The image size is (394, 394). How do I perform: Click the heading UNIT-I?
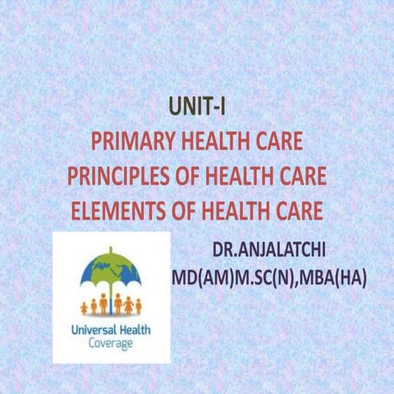197,107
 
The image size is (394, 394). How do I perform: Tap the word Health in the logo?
141,330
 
